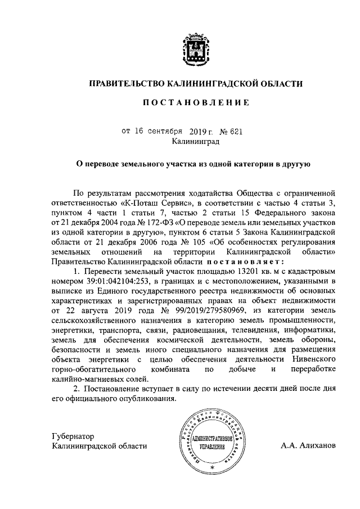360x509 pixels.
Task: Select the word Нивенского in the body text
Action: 313,359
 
